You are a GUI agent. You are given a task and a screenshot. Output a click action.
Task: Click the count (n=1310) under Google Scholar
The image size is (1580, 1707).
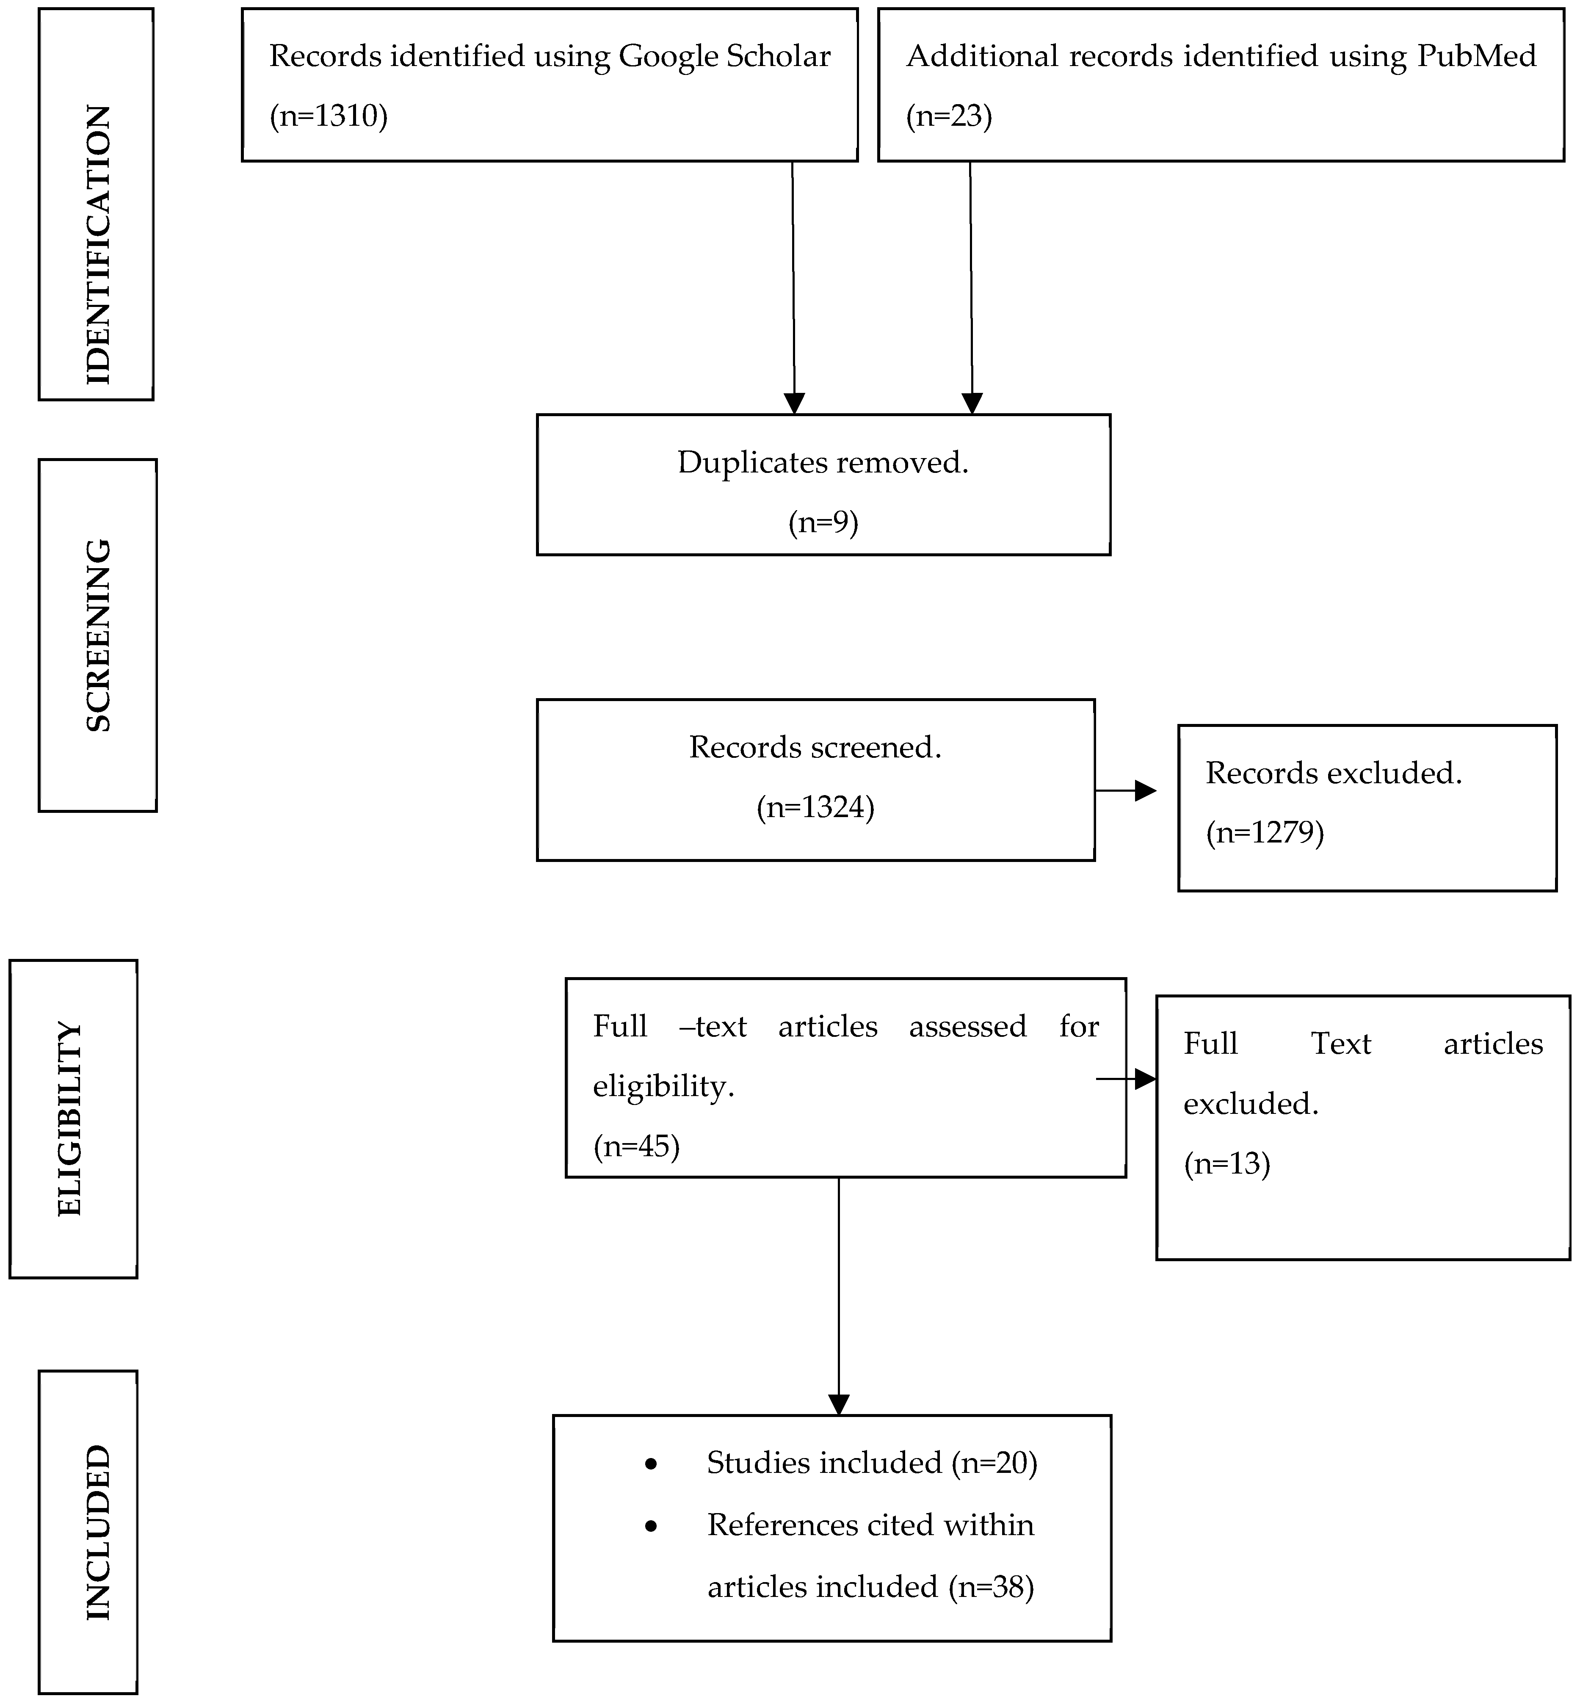click(x=328, y=116)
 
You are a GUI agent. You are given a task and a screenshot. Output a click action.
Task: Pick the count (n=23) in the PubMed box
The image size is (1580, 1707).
click(x=949, y=116)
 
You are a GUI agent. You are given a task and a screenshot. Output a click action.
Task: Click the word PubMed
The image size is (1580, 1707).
click(x=1477, y=56)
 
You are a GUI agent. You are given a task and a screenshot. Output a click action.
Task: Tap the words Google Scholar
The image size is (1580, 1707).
click(x=724, y=56)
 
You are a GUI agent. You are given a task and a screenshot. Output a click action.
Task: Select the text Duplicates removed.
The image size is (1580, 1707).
click(x=823, y=462)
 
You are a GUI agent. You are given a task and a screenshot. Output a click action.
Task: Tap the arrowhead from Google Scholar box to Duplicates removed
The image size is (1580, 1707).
click(x=794, y=403)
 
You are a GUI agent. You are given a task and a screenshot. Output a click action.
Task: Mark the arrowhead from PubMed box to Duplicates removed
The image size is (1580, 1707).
click(x=972, y=403)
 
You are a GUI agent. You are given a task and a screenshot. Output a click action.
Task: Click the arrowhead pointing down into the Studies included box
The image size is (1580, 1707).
click(x=839, y=1404)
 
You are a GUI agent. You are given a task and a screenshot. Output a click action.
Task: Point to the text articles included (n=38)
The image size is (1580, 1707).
click(x=870, y=1586)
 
